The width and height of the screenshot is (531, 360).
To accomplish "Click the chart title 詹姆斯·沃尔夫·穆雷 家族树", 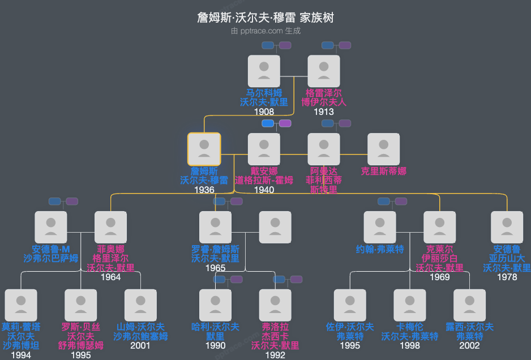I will tap(265, 18).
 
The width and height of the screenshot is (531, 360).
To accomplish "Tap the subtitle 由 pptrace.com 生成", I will tap(265, 31).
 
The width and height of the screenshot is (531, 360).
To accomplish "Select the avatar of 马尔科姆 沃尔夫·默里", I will tap(264, 71).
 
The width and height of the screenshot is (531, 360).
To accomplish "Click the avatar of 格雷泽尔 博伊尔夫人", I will tap(324, 71).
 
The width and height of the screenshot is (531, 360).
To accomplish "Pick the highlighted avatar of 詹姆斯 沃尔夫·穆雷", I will tap(204, 149).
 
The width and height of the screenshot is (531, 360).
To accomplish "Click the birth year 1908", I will tap(264, 112).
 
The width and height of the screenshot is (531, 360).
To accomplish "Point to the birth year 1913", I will tap(324, 112).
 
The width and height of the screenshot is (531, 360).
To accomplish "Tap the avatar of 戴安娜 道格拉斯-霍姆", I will tap(264, 149).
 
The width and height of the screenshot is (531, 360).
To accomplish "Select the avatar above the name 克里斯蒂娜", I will tap(384, 149).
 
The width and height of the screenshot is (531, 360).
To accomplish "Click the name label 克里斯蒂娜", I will tap(384, 171).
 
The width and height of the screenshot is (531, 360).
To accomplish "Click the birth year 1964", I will tap(111, 277).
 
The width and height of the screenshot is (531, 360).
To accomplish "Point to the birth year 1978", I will tap(507, 277).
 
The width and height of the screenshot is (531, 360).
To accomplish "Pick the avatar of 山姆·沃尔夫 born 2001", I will tap(140, 306).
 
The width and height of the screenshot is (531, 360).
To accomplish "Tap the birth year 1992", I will tap(275, 355).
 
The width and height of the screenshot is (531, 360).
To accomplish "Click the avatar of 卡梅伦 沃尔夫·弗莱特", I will tap(410, 306).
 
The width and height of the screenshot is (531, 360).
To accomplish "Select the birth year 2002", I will tap(469, 346).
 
